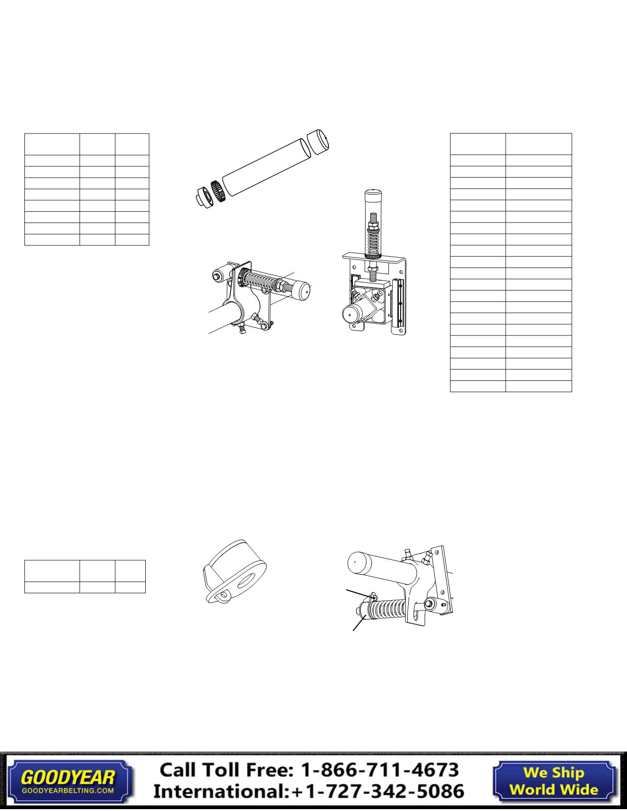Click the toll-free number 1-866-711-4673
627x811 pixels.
click(x=380, y=770)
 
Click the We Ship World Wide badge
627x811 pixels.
click(x=554, y=781)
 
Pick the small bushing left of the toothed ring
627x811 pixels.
click(x=205, y=196)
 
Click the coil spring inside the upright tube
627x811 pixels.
click(x=373, y=239)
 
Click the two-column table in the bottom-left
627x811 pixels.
click(x=85, y=576)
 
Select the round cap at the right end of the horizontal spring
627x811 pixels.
click(x=301, y=290)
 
